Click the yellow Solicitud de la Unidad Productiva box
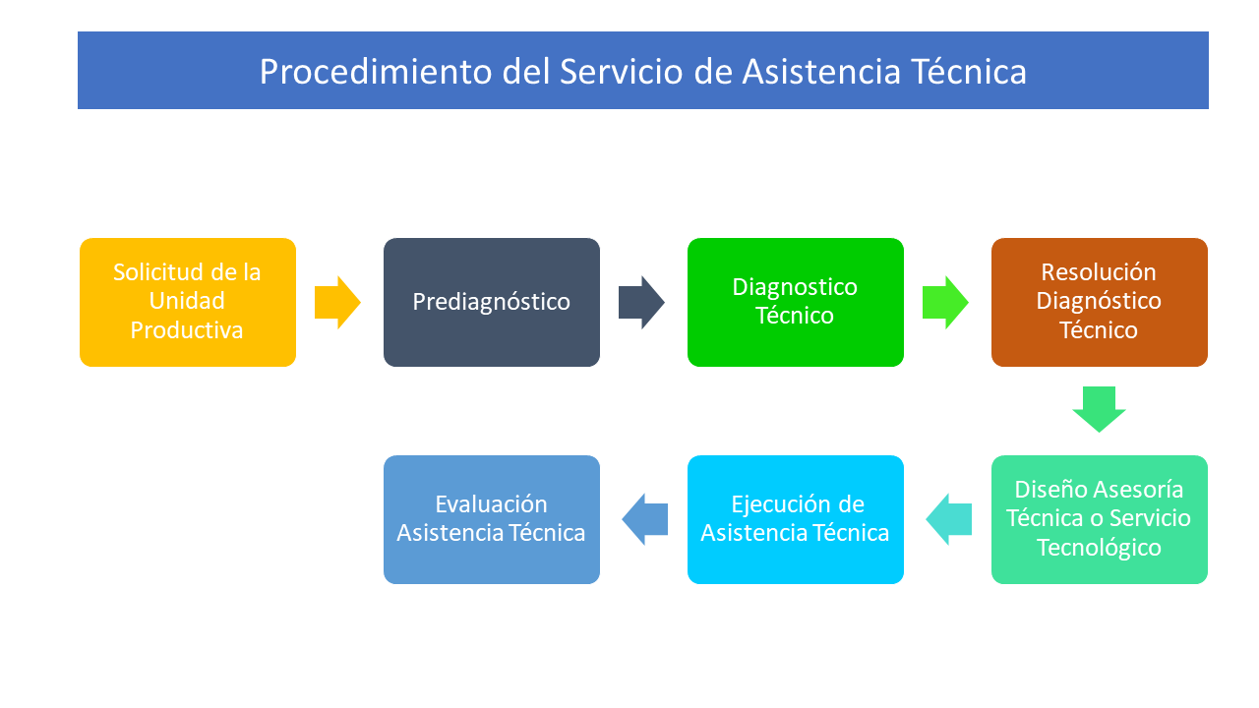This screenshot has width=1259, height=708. (x=188, y=302)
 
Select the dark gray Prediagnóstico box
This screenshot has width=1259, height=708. (x=492, y=302)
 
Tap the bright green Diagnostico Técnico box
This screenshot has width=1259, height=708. (x=796, y=302)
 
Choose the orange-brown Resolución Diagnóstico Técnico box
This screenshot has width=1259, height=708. (x=1100, y=302)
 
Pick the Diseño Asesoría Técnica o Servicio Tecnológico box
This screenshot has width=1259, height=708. (x=1100, y=520)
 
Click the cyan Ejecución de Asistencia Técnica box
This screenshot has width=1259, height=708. (x=796, y=520)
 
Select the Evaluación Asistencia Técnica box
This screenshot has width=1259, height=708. (x=492, y=520)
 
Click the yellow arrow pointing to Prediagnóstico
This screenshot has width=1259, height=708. (x=337, y=302)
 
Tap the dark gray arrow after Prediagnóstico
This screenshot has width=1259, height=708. (x=641, y=302)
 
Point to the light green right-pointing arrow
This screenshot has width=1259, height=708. (x=945, y=302)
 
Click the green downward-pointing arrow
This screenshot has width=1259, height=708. (x=1099, y=409)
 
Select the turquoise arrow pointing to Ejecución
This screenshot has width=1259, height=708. (x=949, y=519)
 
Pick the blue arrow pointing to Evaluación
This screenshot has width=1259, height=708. (x=644, y=519)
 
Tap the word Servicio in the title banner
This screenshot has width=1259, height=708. (x=621, y=72)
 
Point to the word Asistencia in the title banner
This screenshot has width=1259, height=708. (x=821, y=72)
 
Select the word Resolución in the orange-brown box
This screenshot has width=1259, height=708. (x=1099, y=272)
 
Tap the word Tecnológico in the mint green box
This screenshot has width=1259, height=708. (x=1100, y=548)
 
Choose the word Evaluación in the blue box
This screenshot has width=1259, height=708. (x=491, y=504)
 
